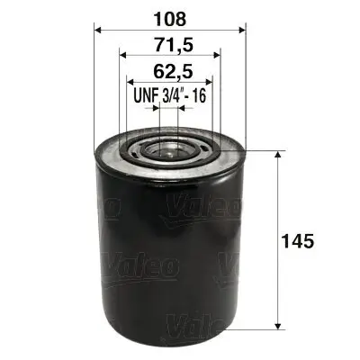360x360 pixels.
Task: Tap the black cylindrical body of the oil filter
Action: click(169, 252)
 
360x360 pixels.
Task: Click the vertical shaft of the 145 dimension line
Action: click(277, 207)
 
